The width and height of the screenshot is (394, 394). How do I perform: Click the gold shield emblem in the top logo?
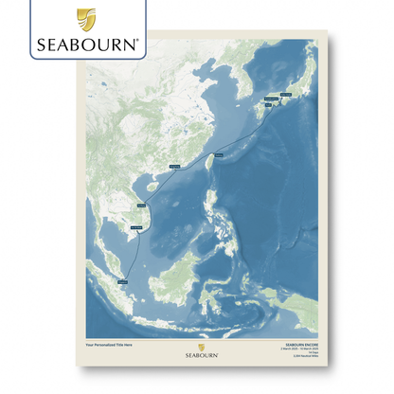tap(85, 18)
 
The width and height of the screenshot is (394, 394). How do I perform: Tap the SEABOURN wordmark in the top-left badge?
tap(87, 43)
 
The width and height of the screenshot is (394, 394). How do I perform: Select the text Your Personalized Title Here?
tap(110, 343)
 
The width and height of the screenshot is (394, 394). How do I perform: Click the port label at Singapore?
tap(124, 280)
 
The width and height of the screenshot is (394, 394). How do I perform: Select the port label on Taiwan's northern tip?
tap(219, 152)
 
